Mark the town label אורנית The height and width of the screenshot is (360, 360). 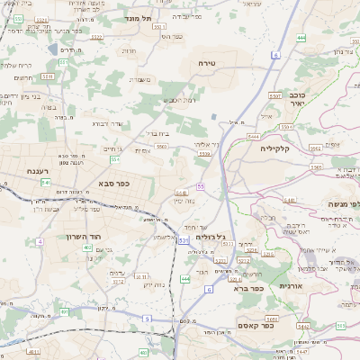[x=291, y=285]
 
